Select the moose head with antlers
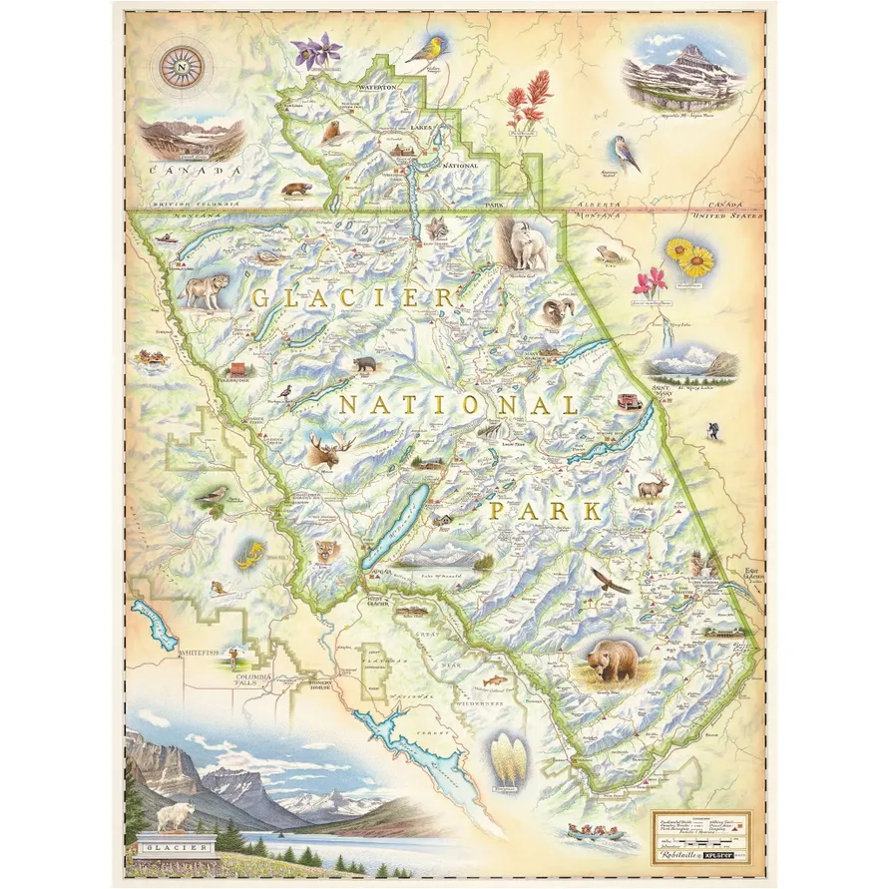[328, 450]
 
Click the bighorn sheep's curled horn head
[557, 311]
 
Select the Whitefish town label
[197, 651]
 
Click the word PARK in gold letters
[546, 512]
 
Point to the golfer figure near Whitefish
[234, 657]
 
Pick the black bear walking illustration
[365, 365]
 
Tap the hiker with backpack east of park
[711, 431]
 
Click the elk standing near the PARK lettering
[653, 487]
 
